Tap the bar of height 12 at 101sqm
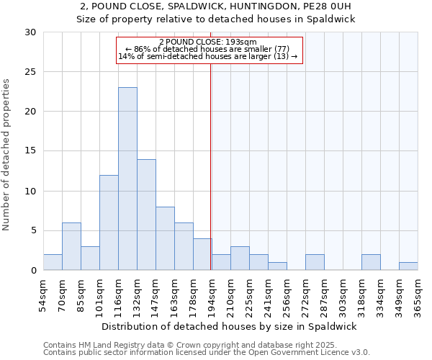109,222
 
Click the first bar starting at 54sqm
53,262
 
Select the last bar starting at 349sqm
408,266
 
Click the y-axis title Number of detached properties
7,155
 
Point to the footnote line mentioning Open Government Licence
207,353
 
